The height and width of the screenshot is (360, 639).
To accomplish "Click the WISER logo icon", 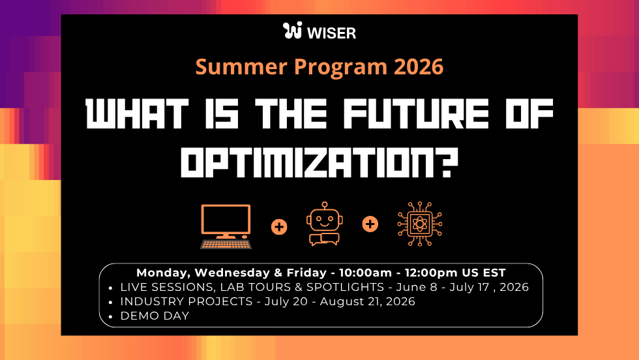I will [293, 31].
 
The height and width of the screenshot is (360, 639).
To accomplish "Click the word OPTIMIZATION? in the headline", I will [319, 162].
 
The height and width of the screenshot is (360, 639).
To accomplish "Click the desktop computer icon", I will [226, 226].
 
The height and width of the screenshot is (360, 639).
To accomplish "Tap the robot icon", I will [324, 226].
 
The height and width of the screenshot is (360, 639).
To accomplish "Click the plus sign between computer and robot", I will [279, 226].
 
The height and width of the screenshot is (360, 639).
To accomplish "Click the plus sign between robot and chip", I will [370, 224].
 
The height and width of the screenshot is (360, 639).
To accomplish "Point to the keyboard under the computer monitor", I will [226, 245].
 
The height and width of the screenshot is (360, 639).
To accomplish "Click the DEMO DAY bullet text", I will [155, 316].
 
